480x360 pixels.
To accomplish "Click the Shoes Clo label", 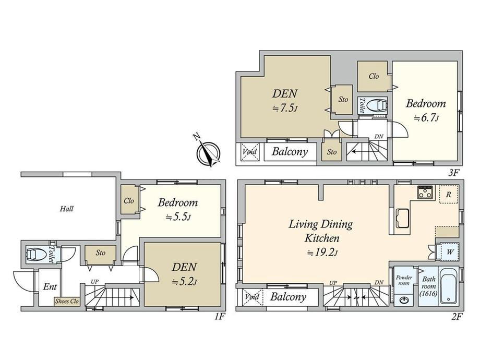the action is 67,301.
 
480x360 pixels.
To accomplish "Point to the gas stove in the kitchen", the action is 425,192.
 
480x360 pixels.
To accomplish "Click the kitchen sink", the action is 402,218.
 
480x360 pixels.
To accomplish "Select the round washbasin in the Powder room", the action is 403,299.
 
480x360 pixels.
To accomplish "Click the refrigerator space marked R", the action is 449,195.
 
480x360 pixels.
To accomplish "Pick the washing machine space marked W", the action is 450,252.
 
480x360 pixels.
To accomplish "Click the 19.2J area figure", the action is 322,253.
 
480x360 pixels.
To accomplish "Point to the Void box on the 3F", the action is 249,151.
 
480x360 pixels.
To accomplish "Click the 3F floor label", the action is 454,173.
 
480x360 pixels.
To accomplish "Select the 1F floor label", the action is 220,317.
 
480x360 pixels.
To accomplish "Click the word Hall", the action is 66,209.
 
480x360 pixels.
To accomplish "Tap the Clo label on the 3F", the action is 374,76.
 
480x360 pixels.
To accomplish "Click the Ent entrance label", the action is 50,286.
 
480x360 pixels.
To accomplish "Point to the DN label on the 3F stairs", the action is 379,137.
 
